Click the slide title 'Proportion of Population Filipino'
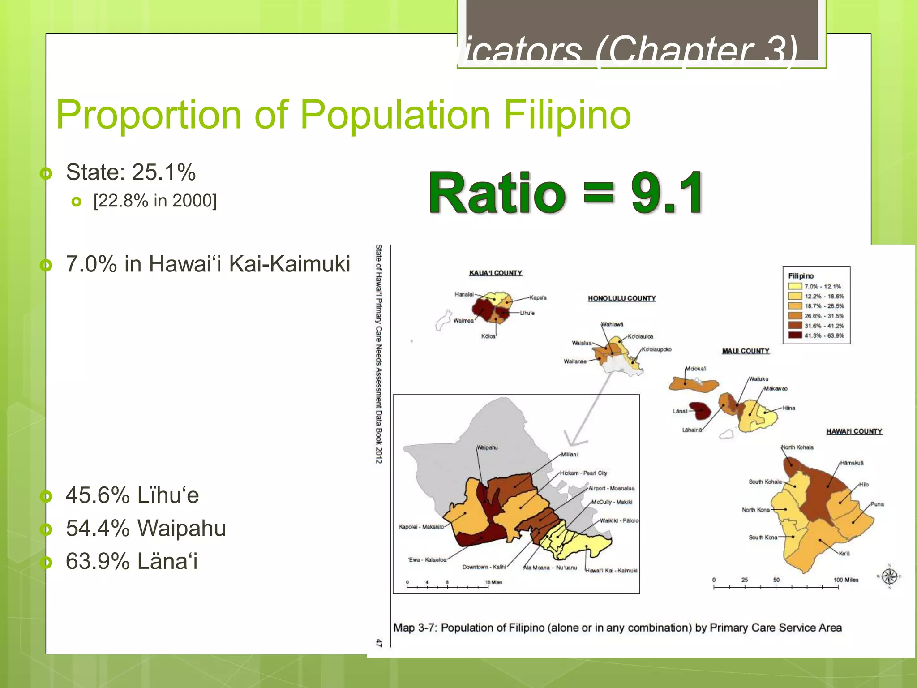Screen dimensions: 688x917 (x=343, y=115)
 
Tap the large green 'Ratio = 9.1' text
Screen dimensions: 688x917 (x=566, y=193)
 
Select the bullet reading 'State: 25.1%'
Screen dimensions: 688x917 (x=130, y=172)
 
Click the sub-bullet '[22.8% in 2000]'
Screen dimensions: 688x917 (x=155, y=201)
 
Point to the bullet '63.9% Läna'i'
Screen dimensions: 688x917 (x=131, y=561)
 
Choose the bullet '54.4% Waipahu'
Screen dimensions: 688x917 (x=146, y=528)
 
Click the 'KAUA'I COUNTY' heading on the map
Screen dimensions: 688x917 (x=495, y=273)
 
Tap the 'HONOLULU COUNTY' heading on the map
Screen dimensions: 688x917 (x=621, y=298)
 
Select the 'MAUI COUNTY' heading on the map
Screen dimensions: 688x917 (x=746, y=351)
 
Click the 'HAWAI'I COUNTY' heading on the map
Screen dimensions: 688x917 (x=854, y=431)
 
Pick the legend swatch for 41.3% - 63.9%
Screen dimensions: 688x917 (x=795, y=335)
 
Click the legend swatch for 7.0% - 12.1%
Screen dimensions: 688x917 (x=795, y=286)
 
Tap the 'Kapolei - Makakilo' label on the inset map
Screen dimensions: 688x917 (x=421, y=527)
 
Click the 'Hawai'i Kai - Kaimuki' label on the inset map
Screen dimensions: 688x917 (x=611, y=571)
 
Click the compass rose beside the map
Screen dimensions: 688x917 (x=889, y=576)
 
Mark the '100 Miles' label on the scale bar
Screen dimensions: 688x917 (x=845, y=580)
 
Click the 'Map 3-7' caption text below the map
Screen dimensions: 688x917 (x=617, y=628)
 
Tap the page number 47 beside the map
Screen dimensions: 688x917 (x=379, y=643)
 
